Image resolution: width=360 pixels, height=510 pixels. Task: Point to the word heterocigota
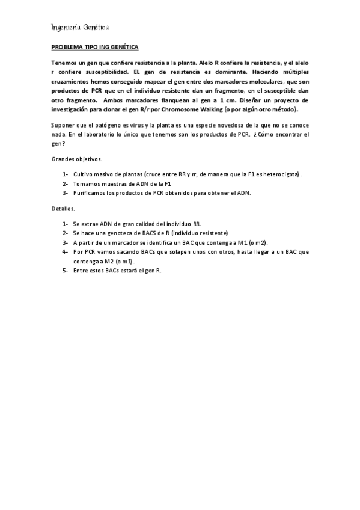pyautogui.click(x=282, y=174)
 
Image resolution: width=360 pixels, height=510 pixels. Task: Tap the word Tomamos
pyautogui.click(x=87, y=184)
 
